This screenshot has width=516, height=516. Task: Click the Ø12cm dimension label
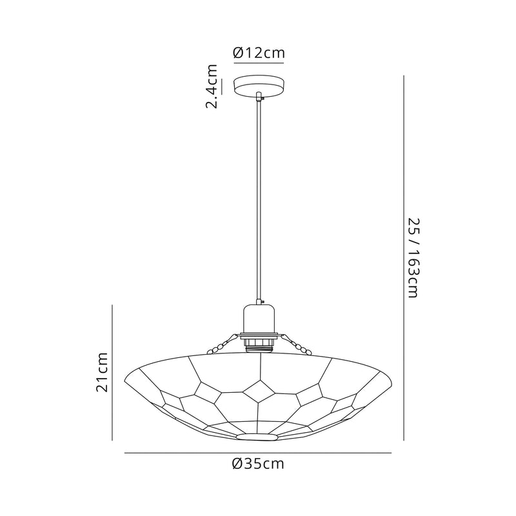point(259,54)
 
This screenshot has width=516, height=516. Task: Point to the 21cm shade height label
point(101,372)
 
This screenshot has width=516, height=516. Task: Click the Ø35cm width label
point(258,464)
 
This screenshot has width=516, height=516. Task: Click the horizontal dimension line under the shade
point(258,453)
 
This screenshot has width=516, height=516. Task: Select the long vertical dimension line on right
point(404,258)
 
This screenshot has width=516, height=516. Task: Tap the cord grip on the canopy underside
point(259,97)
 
